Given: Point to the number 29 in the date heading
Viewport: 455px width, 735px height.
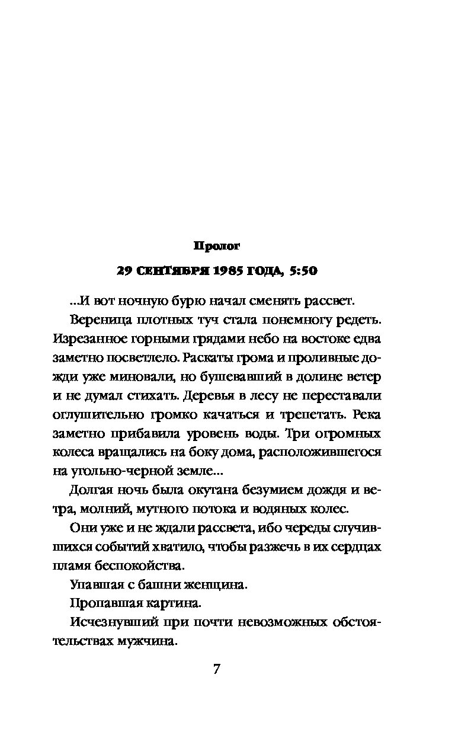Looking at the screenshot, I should (123, 271).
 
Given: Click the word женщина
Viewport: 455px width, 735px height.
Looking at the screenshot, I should (210, 584).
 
